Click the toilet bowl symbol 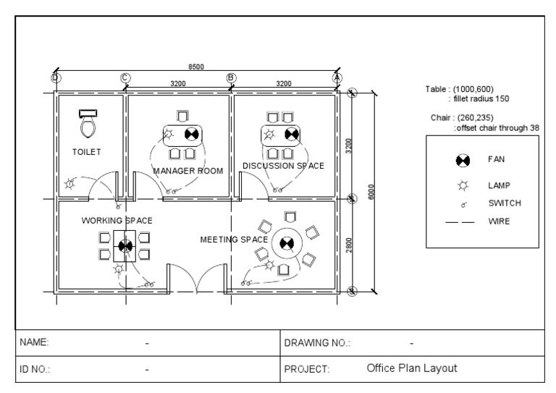[88, 127]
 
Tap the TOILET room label [87, 152]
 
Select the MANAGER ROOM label [188, 170]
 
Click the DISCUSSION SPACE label [283, 166]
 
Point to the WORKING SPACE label [117, 219]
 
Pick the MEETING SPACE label [234, 239]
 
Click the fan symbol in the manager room [192, 133]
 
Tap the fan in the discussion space [292, 133]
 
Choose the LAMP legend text [499, 185]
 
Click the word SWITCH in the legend [504, 203]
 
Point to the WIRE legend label [499, 221]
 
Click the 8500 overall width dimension [195, 67]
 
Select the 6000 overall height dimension [371, 192]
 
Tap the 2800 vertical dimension [349, 245]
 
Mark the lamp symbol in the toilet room [70, 184]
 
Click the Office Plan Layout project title [412, 368]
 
